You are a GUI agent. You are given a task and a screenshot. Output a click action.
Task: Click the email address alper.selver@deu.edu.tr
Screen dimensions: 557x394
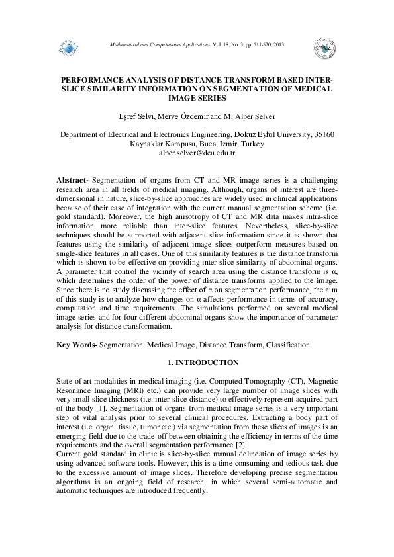(x=197, y=153)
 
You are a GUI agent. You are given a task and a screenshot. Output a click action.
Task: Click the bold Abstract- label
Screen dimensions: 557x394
(x=73, y=180)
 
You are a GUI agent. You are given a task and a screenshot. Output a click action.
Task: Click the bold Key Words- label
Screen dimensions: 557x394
(x=78, y=345)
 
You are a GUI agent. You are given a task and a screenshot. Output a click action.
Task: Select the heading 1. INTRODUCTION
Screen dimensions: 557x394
(x=197, y=363)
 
